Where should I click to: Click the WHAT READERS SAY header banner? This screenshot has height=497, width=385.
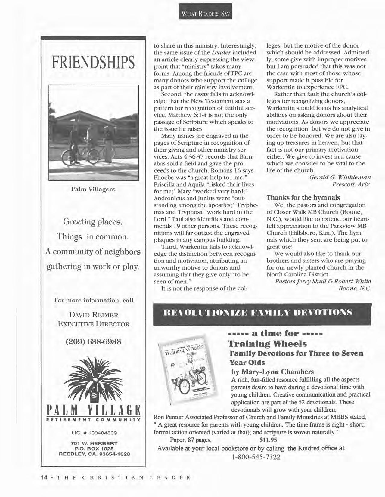206,14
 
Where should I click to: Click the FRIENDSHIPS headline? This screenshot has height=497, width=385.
93,62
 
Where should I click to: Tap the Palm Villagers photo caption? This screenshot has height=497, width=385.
93,189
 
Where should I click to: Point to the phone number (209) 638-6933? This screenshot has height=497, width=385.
93,342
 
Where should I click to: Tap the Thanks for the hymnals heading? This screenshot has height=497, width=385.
303,198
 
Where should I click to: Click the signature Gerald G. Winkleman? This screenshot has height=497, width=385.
340,177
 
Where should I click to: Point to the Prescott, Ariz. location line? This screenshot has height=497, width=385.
351,184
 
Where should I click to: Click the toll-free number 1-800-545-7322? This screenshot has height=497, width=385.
256,457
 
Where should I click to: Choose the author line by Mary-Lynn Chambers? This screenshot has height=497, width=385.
272,372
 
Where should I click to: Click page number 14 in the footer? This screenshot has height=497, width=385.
45,477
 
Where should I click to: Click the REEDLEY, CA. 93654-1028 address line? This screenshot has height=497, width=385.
94,454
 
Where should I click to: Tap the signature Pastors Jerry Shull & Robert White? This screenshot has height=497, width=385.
323,281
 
